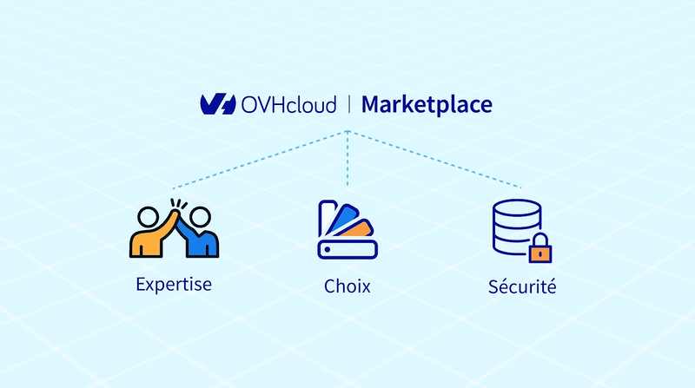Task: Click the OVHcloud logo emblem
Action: [x=218, y=104]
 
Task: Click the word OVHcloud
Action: [x=288, y=105]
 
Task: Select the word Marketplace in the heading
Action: [x=427, y=105]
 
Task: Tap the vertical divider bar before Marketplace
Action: [x=349, y=104]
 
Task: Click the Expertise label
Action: [x=174, y=285]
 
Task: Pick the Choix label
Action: [x=347, y=286]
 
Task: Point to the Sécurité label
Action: [x=522, y=286]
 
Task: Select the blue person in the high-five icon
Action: [x=197, y=234]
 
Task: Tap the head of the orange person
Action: [x=148, y=217]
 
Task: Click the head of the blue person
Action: [x=201, y=217]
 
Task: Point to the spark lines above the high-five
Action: [x=179, y=204]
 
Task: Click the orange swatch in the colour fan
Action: [x=358, y=229]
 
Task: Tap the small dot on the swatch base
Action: [x=328, y=250]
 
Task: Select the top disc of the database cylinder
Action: [x=517, y=207]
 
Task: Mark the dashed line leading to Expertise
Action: [x=260, y=160]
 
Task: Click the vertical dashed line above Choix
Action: [x=347, y=158]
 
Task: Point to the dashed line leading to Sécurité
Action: [x=435, y=160]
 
